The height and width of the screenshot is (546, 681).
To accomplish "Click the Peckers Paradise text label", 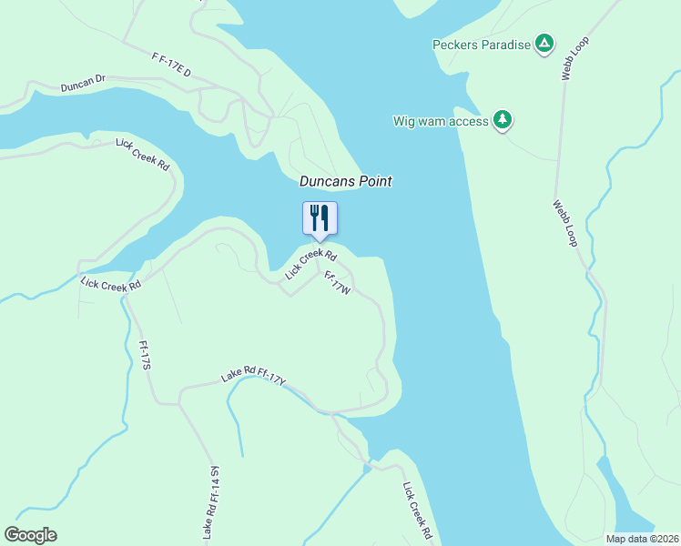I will [481, 45].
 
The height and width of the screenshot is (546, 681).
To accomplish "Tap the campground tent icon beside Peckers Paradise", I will [544, 44].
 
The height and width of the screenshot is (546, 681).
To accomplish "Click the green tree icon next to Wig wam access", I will [502, 120].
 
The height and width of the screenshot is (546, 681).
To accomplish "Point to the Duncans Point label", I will [346, 182].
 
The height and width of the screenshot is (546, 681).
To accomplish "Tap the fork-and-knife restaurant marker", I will [320, 218].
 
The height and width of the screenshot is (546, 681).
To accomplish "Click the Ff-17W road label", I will [337, 282].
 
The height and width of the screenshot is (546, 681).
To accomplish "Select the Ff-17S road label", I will [144, 355].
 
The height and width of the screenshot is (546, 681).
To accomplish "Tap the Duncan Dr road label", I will [84, 85].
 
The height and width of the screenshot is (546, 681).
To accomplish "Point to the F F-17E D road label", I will [171, 65].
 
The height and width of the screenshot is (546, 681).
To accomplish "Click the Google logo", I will [31, 535].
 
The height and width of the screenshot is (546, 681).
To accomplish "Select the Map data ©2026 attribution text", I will [642, 539].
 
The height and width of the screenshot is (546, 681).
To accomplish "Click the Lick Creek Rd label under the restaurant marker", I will [310, 265].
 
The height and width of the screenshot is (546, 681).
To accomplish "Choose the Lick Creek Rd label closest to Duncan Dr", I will [143, 155].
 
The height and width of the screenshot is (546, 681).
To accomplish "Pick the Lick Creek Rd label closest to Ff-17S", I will [110, 284].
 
